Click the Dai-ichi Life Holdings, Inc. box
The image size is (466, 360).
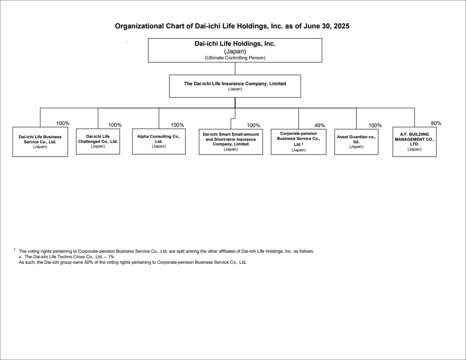235,50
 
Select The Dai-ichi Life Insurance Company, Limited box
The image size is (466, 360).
235,86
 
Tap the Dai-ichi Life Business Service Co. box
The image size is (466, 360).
40,142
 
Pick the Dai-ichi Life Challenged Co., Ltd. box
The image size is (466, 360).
98,141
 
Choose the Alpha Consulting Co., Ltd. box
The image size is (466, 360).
159,141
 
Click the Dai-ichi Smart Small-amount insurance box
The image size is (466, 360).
230,142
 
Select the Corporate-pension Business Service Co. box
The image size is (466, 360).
298,142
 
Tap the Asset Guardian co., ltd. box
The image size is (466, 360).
356,142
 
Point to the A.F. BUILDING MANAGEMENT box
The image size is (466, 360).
415,142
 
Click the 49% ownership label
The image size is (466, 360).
320,126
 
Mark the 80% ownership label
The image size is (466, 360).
436,123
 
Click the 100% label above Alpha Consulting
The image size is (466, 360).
177,125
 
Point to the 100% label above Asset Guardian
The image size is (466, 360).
375,126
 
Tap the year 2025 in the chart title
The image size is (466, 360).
341,26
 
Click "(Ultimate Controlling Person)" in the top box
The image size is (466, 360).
235,58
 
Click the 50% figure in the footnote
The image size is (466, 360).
89,262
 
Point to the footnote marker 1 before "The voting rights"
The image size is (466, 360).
14,249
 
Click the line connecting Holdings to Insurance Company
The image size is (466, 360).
235,68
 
